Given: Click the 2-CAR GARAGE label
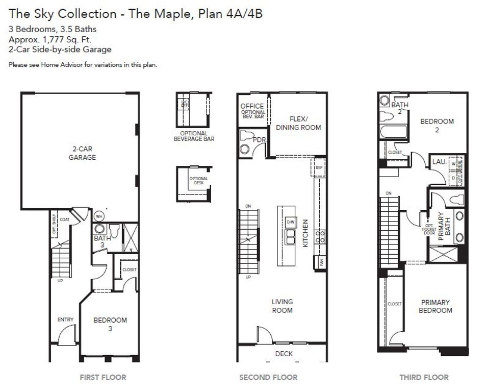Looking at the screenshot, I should (82, 153).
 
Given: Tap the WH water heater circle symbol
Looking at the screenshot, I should (99, 215).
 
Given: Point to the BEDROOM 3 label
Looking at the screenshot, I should (110, 324).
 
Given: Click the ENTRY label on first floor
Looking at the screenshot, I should (65, 320).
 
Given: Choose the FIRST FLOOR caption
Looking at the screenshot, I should (102, 377).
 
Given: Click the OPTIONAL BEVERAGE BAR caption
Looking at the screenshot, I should (194, 136).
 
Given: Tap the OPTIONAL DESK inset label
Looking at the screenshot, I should (198, 181).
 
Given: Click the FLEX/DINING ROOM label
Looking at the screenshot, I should (298, 123).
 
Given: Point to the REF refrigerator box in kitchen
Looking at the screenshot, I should (319, 167).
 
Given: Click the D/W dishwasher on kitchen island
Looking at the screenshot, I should (290, 222).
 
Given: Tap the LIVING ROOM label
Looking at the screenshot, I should (282, 306).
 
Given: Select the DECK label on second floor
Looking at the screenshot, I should (284, 353).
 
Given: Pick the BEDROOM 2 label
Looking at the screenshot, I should (437, 126).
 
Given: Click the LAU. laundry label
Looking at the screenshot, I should (439, 162).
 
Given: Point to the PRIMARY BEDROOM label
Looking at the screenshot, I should (435, 306).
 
